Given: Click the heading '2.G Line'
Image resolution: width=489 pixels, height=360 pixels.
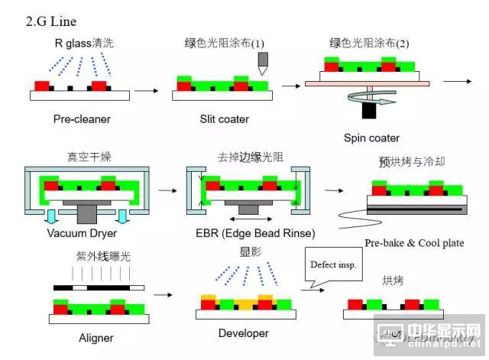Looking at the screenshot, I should (51, 21).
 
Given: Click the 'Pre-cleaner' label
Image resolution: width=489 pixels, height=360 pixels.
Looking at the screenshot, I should (82, 119).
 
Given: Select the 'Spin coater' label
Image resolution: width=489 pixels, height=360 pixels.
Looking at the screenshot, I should (371, 138).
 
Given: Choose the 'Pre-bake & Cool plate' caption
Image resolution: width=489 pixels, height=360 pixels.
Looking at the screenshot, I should (413, 243).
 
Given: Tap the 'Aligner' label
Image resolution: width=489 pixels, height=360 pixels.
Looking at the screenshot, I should (96, 337).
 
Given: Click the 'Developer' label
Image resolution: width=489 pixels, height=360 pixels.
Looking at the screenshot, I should (243, 333).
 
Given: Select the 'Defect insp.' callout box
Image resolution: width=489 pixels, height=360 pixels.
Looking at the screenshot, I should (332, 265).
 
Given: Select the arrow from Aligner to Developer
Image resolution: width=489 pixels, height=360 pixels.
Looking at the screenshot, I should (162, 294).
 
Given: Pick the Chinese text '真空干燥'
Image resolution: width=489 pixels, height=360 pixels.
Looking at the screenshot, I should (89, 157).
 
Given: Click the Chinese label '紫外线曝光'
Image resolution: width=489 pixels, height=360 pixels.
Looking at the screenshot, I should (102, 257).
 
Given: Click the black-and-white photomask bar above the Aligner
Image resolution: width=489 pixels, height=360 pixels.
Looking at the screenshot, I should (98, 288).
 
